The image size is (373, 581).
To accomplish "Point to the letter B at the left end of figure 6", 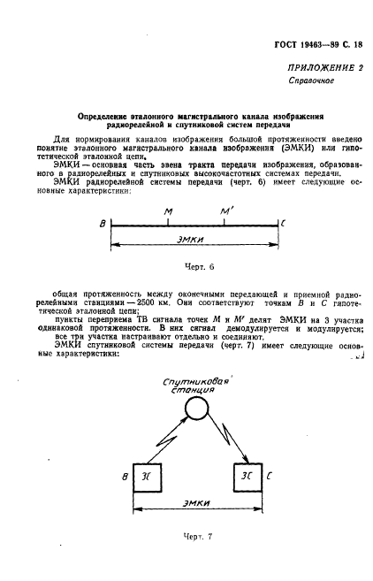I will coord(103,226).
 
